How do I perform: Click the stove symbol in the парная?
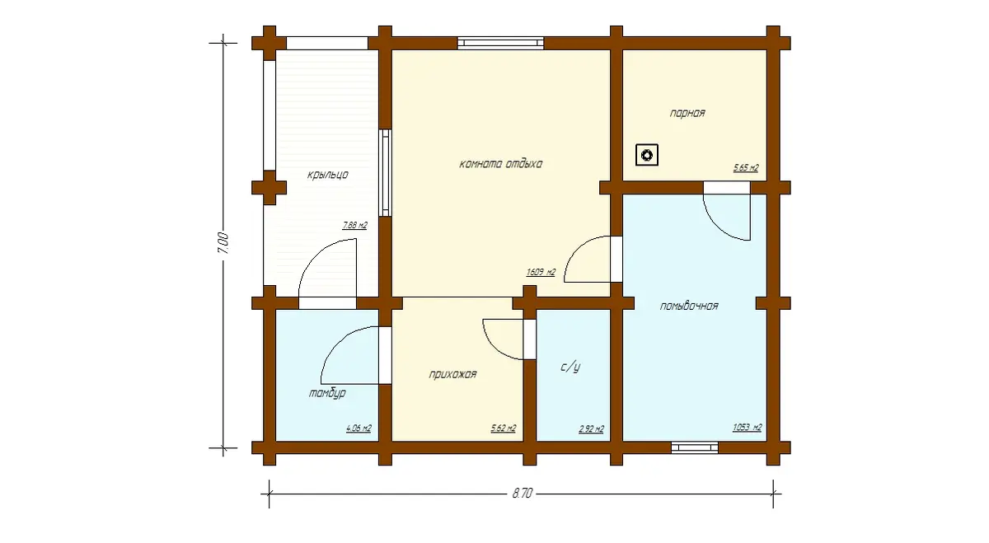[x=647, y=155]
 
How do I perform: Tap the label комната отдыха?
[x=501, y=164]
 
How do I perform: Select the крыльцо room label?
[x=328, y=175]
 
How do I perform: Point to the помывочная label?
[x=689, y=306]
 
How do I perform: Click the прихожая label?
[x=452, y=374]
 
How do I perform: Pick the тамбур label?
[x=327, y=393]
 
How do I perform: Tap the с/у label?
[x=570, y=367]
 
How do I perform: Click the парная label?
[x=687, y=113]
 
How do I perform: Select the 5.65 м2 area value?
[x=746, y=168]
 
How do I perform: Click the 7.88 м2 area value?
[x=354, y=225]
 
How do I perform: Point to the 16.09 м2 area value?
[x=541, y=273]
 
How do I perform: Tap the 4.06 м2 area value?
[x=359, y=428]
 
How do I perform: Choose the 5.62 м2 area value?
[x=504, y=428]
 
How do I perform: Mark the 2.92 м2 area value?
[x=591, y=428]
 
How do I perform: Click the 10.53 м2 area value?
[x=747, y=428]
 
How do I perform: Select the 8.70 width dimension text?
[x=523, y=493]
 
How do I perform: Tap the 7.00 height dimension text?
[x=223, y=243]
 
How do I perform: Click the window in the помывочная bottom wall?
[x=695, y=447]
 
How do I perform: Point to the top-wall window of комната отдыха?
[x=501, y=44]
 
